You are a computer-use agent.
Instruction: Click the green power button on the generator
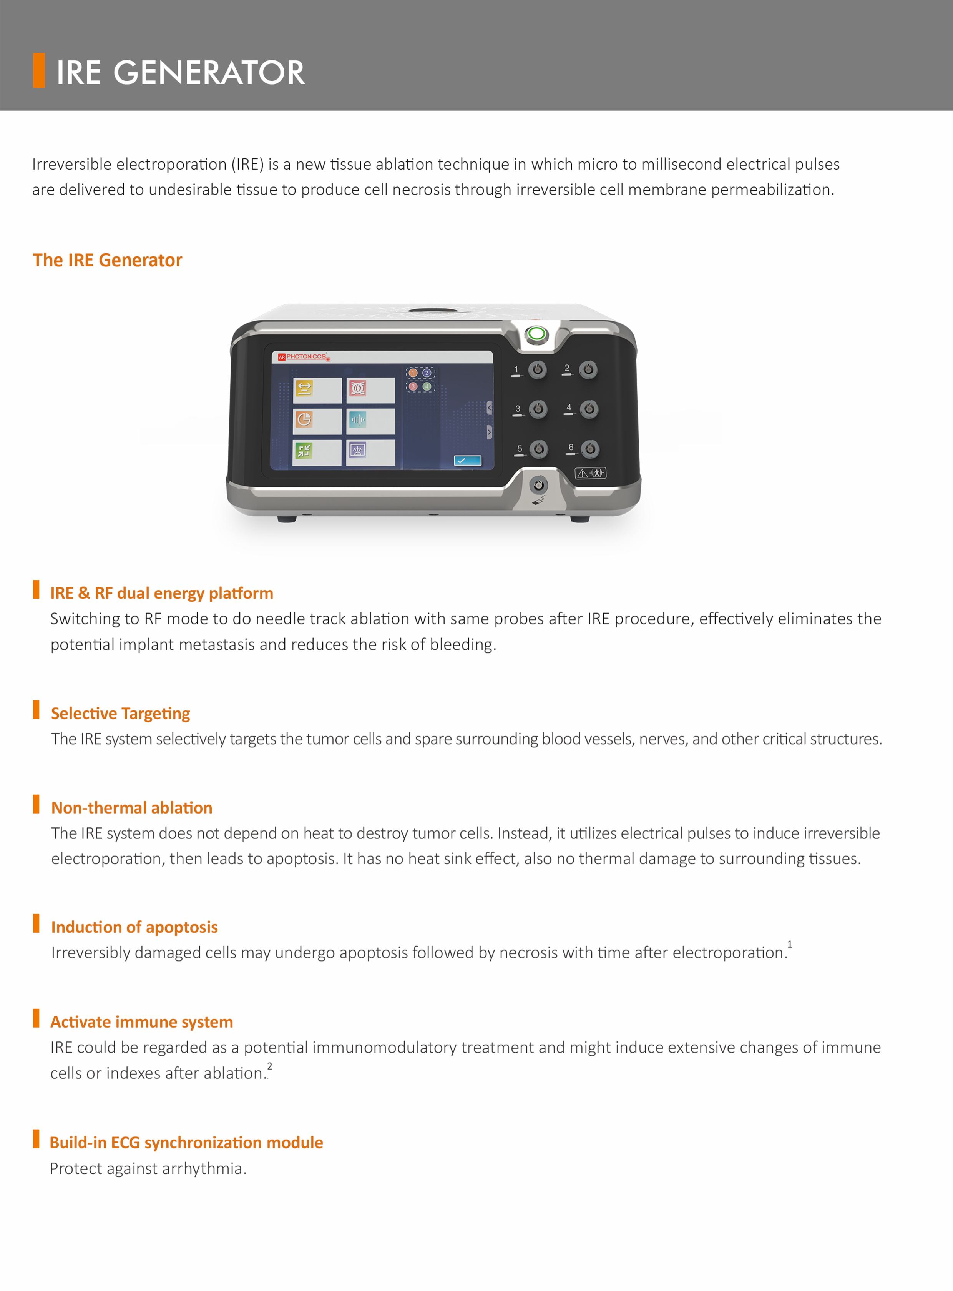click(x=536, y=334)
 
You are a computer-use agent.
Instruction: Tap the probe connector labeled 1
click(x=538, y=369)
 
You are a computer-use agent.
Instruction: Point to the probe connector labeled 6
click(x=589, y=448)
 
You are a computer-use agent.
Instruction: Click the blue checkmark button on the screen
click(x=467, y=460)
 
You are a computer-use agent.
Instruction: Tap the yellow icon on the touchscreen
click(x=304, y=388)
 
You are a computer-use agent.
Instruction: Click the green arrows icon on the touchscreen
click(x=304, y=450)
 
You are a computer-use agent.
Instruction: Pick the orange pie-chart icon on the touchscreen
click(x=304, y=419)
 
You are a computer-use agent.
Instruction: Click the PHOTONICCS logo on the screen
click(x=304, y=357)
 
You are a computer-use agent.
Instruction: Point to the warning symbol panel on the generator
click(x=590, y=473)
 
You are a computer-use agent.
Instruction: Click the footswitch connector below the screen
click(x=538, y=485)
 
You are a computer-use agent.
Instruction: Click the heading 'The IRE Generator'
click(x=107, y=260)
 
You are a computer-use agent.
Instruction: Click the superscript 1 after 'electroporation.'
click(x=790, y=944)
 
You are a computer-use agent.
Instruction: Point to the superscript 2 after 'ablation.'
click(x=269, y=1066)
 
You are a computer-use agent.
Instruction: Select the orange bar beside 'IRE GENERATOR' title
click(x=39, y=70)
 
